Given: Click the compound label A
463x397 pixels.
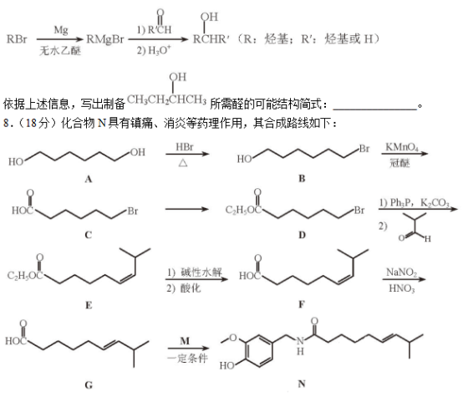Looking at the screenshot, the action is click(x=88, y=179).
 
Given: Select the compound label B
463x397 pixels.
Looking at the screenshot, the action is click(x=302, y=178).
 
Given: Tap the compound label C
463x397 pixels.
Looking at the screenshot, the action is click(x=88, y=235).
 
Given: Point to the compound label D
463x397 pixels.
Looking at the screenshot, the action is click(x=302, y=235).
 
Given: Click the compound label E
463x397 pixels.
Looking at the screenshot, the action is click(x=89, y=305).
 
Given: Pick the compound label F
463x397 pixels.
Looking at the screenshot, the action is click(x=302, y=304).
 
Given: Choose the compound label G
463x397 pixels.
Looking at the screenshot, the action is click(x=89, y=385).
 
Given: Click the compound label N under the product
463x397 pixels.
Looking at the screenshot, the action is click(x=302, y=384).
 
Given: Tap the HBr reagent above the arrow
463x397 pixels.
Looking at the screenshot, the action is click(x=185, y=147).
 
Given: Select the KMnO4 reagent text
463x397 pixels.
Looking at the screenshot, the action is click(x=402, y=147).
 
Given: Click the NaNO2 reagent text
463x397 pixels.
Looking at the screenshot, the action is click(x=402, y=272).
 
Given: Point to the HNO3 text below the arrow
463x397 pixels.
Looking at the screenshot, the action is click(x=402, y=288).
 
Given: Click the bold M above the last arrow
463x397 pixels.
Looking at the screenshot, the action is click(x=185, y=341).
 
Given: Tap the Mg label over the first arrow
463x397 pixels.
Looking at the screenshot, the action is click(x=61, y=30).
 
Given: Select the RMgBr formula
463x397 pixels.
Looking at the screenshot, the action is click(x=105, y=39).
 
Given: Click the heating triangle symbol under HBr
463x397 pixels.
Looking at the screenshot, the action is click(x=183, y=163).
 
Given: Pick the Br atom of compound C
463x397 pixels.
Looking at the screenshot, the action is click(x=133, y=211).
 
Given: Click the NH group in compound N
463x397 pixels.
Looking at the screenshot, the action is click(x=300, y=346).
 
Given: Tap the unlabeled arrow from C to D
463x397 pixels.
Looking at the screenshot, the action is click(x=187, y=209).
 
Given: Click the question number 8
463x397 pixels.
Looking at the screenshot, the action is click(x=7, y=123).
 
